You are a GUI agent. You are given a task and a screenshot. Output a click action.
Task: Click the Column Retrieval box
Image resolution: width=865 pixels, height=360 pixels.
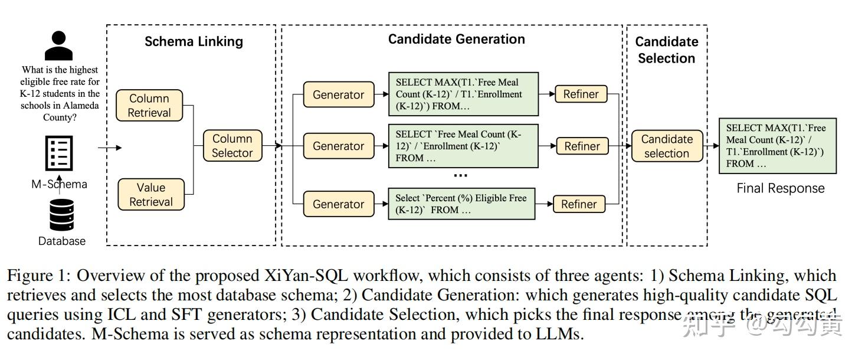coord(149,106)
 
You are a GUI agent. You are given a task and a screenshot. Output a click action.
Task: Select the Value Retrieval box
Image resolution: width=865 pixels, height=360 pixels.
coord(151,195)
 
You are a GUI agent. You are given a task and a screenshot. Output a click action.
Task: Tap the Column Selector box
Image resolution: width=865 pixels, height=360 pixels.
coord(232,146)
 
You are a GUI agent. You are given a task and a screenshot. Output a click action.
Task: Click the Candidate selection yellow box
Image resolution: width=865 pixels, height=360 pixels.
coord(666,146)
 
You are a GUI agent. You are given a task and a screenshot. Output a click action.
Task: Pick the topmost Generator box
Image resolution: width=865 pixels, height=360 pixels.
coord(338,94)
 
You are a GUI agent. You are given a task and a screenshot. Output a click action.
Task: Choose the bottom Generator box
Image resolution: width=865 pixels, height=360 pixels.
coord(338,204)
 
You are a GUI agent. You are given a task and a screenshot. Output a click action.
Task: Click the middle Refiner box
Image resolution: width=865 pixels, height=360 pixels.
coord(582,146)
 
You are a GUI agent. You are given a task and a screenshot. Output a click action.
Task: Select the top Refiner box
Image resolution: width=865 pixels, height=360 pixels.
coord(581,94)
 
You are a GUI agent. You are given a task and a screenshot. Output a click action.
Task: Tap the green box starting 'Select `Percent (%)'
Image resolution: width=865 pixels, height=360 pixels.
coord(461,204)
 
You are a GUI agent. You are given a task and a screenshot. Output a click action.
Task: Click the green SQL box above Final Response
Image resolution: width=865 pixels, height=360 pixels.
coord(777,146)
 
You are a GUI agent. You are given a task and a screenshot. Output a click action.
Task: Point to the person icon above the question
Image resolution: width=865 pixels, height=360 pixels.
coord(59,47)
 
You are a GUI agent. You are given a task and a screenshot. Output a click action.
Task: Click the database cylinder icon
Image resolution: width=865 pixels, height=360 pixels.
coord(62,215)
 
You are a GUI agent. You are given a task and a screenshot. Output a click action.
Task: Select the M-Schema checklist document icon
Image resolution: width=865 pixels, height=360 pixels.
coord(59,153)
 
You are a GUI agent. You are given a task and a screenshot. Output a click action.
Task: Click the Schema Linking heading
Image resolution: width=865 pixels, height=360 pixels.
coord(194,41)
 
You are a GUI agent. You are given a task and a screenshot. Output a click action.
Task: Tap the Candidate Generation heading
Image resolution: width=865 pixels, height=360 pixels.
coord(456,39)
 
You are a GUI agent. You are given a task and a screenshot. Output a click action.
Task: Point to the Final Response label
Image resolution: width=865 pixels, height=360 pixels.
coord(780,188)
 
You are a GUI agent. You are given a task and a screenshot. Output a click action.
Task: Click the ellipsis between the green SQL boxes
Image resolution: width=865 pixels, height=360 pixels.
coord(460,175)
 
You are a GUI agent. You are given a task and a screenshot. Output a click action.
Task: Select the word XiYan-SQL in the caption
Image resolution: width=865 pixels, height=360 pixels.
coord(307,276)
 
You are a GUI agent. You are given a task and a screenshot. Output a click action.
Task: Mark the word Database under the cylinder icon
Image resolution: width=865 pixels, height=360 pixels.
coord(62,241)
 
